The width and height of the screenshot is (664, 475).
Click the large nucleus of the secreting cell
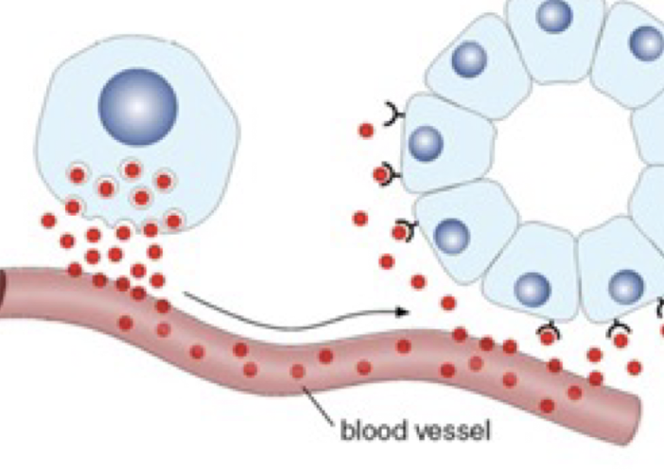pos(138,104)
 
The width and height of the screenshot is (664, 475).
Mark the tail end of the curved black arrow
pos(185,294)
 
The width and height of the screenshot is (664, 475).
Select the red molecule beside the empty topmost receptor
pos(366,131)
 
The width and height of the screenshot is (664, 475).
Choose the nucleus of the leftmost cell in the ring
pos(427,143)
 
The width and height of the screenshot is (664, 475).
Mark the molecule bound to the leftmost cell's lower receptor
pos(380,174)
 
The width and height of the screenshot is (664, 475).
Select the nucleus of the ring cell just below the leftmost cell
pos(453,236)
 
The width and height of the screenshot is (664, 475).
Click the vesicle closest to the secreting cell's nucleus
pos(132,170)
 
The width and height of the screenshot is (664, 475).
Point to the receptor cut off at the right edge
pos(659,307)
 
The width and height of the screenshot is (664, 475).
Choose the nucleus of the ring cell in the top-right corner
pos(647,43)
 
